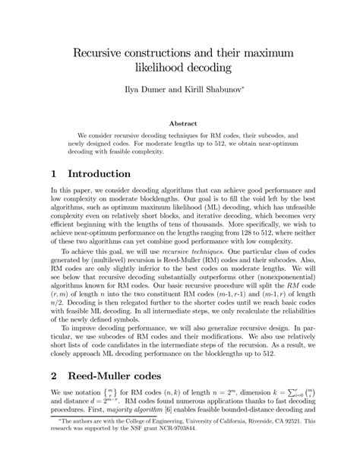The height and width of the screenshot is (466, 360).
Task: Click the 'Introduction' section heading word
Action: [x=99, y=174]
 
